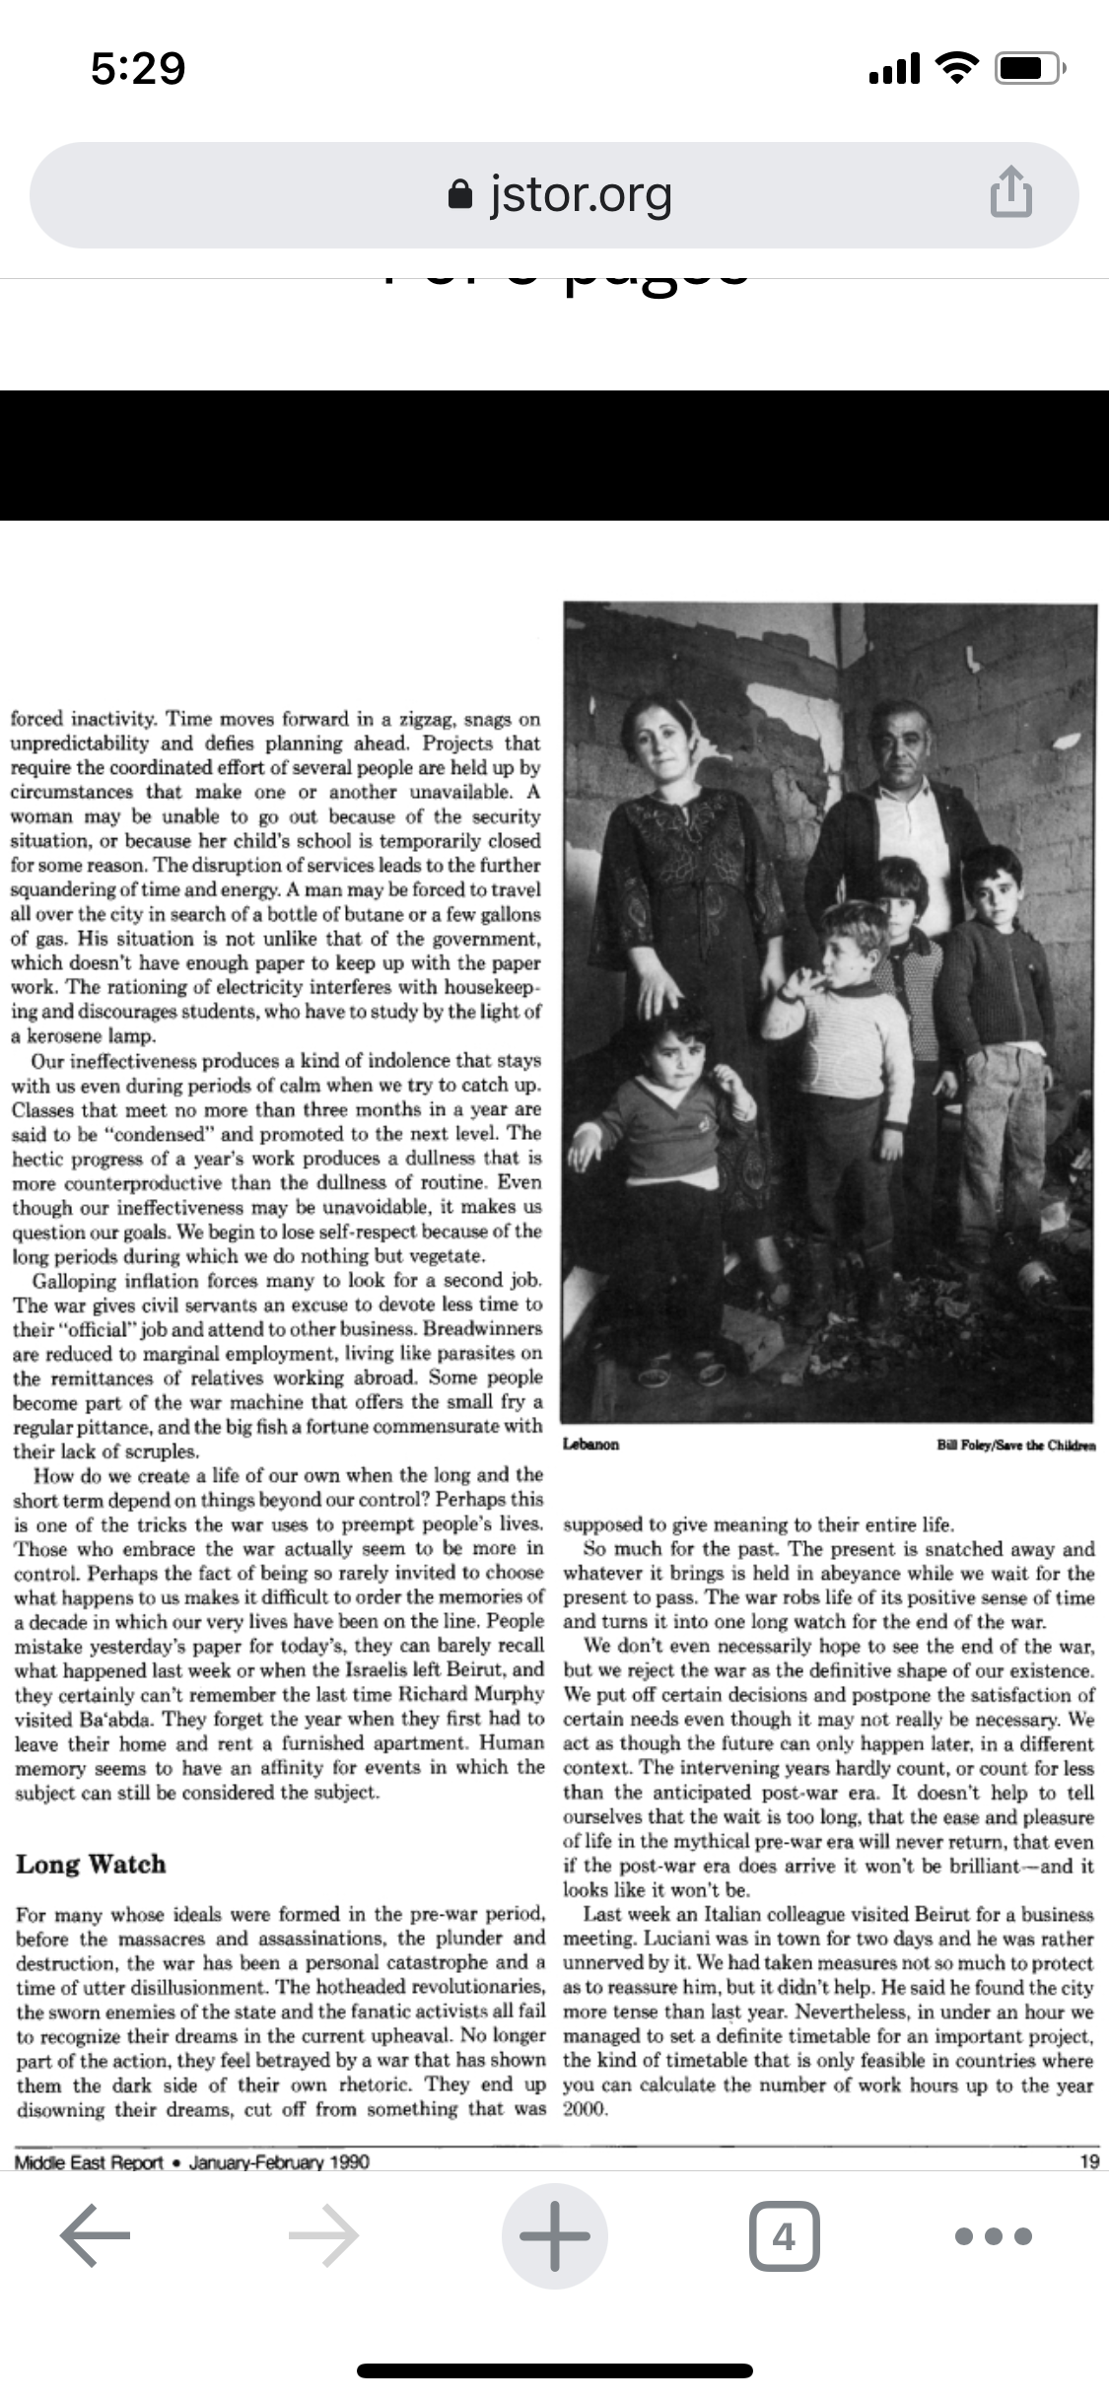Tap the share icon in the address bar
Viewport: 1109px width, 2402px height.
tap(1010, 194)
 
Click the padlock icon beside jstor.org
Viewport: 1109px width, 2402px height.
tap(459, 194)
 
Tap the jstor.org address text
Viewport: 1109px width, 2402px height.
tap(581, 194)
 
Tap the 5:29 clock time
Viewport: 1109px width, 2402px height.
tap(138, 68)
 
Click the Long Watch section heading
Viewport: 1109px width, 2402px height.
tap(91, 1864)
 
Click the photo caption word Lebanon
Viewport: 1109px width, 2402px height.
tap(591, 1444)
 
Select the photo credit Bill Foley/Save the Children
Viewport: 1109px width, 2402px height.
tap(1015, 1445)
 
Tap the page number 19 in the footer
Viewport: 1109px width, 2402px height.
tap(1089, 2161)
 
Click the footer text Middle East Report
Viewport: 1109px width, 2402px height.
tap(89, 2161)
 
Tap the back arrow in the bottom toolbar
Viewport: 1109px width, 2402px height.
tap(95, 2235)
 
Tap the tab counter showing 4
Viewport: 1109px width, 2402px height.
tap(783, 2235)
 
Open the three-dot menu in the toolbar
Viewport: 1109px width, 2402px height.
tap(995, 2235)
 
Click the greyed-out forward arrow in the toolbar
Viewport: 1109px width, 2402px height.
tap(323, 2235)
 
